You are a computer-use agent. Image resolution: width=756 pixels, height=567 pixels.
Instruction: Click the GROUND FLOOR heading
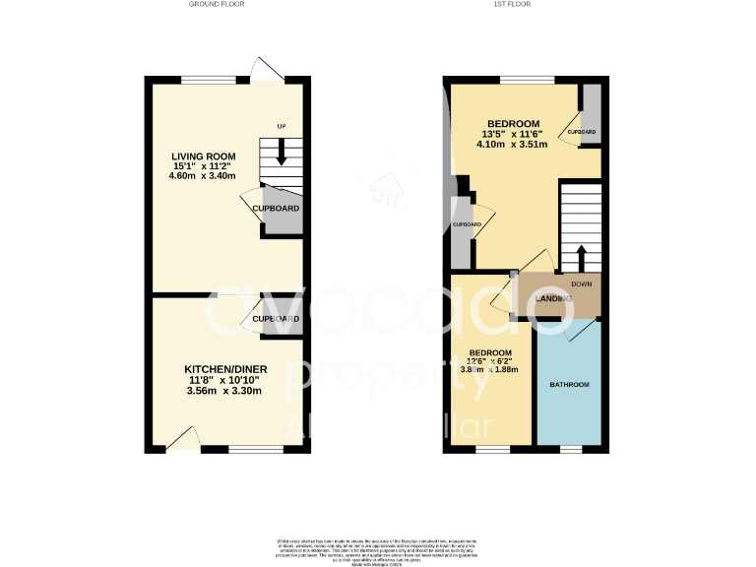click(x=217, y=5)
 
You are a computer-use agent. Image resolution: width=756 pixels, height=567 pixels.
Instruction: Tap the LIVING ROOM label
click(x=203, y=157)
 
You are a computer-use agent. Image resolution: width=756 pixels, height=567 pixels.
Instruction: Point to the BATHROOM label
click(x=569, y=384)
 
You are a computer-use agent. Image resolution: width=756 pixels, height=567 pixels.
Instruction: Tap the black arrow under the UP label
click(x=282, y=152)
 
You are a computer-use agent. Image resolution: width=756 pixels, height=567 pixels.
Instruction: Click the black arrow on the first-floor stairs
click(x=580, y=258)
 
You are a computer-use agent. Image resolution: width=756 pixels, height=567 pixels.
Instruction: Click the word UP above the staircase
click(x=282, y=127)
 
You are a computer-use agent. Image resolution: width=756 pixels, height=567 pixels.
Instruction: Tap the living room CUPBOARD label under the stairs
click(x=276, y=209)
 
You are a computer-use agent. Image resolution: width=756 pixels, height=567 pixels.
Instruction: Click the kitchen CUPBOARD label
click(x=276, y=319)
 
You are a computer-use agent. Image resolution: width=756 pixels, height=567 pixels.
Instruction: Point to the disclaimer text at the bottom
click(x=378, y=550)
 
